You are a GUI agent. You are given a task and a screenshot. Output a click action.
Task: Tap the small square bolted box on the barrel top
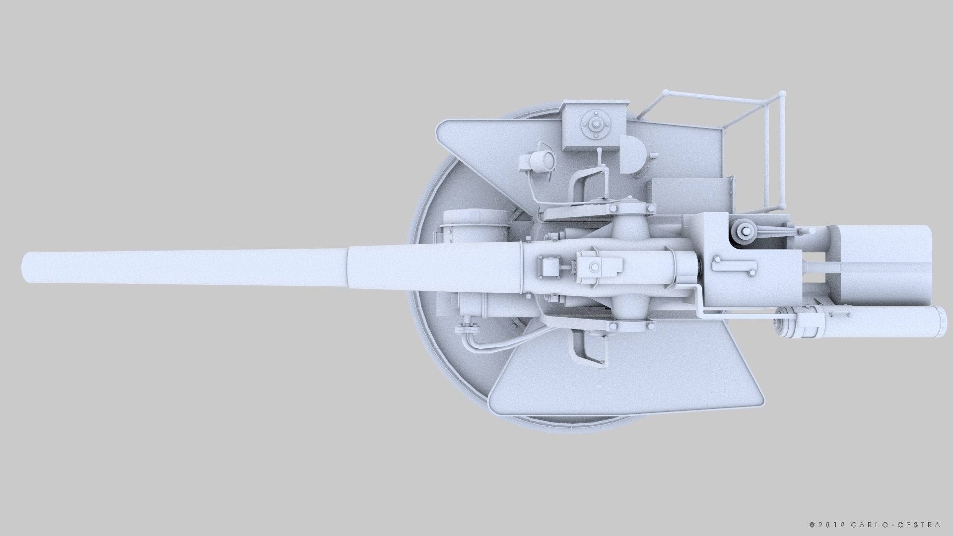pyautogui.click(x=549, y=268)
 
